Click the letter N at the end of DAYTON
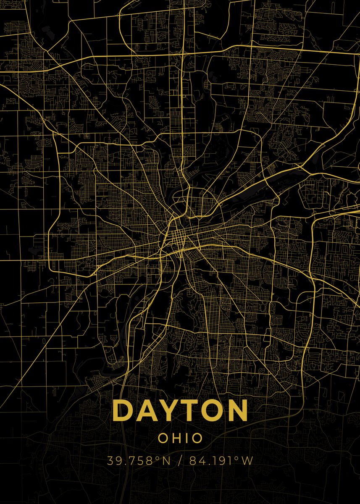(x=238, y=410)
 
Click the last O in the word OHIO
(x=197, y=438)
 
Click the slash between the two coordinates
(x=180, y=461)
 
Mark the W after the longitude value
(x=247, y=461)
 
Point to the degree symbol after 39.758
(x=158, y=458)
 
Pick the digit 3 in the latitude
(x=110, y=461)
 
